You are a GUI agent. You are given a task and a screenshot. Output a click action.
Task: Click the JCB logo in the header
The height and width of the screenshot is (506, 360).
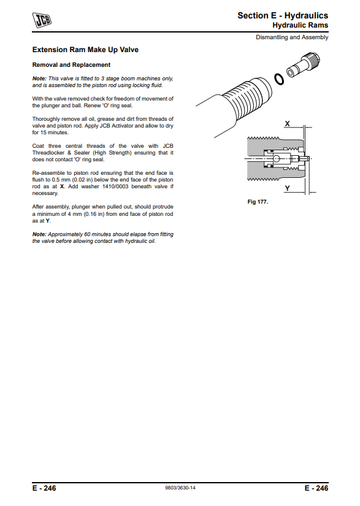click(42, 20)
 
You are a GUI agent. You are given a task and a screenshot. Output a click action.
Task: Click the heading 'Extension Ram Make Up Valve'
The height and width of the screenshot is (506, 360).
click(85, 50)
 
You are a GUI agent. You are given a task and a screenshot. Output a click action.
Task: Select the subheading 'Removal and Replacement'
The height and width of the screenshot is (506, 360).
click(71, 65)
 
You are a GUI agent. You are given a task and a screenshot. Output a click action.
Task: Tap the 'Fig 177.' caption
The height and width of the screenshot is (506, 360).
click(258, 202)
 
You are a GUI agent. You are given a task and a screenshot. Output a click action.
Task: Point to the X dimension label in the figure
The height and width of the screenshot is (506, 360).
click(287, 124)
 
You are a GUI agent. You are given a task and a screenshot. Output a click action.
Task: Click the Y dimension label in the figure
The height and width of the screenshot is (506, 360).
click(287, 188)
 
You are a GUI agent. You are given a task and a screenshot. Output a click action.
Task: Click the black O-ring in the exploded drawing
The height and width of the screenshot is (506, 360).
click(279, 79)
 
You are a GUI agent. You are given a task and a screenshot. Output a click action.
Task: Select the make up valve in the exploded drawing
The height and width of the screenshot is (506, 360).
click(303, 65)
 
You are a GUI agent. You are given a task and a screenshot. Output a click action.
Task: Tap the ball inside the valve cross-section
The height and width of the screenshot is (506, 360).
click(276, 158)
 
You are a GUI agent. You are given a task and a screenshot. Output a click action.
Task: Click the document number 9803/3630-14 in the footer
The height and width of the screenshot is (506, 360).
click(180, 488)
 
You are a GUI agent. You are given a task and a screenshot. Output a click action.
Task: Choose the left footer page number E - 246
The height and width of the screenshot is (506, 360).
click(44, 488)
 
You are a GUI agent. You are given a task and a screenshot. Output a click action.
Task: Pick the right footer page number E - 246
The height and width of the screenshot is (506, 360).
click(316, 488)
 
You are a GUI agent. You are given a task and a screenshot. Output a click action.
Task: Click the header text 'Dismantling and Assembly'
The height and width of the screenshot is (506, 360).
click(292, 37)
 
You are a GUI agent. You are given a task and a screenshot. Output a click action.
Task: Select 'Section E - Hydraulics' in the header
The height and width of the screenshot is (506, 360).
click(283, 15)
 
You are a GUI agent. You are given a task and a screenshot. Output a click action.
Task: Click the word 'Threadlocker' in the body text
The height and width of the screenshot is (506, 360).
click(48, 153)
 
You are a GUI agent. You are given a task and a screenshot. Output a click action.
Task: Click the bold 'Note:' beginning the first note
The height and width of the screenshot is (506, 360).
click(39, 79)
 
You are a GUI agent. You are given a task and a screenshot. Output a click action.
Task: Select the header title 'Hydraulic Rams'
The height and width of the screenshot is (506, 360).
click(301, 25)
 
